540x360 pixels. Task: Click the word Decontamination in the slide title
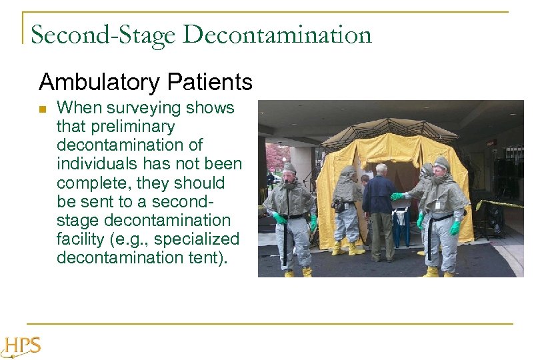277,35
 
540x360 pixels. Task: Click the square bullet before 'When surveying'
43,109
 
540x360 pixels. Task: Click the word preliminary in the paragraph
115,127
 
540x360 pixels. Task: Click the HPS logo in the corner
22,345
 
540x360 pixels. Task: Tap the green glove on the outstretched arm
398,197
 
